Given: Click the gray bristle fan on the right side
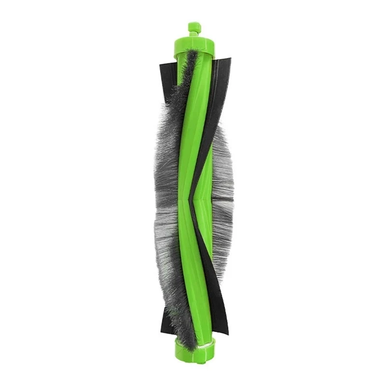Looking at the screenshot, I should pos(223,193).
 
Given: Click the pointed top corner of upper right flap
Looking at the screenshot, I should pos(230,59).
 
